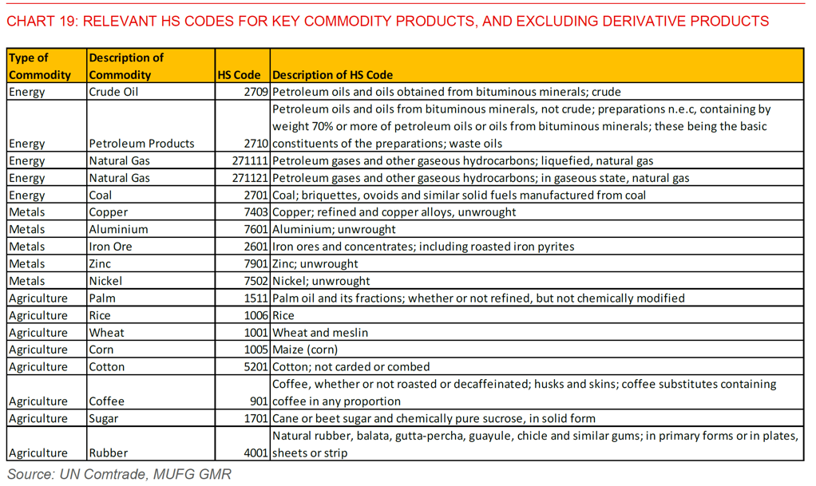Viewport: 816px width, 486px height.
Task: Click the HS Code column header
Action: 240,75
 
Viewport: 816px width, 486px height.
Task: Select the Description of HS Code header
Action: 333,75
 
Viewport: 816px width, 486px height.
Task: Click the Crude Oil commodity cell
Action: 112,92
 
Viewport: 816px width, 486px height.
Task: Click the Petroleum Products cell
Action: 141,144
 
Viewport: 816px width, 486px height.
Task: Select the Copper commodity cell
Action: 109,212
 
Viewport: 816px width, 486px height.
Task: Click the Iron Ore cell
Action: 110,247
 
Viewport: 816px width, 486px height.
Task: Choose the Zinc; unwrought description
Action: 315,264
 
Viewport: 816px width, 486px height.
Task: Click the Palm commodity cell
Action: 102,298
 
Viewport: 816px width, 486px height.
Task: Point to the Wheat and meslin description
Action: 320,333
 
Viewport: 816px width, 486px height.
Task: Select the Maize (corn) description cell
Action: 305,350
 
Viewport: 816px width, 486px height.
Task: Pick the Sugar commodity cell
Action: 104,419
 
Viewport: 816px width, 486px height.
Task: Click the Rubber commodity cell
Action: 108,453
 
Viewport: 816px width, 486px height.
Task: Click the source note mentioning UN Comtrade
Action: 120,474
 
